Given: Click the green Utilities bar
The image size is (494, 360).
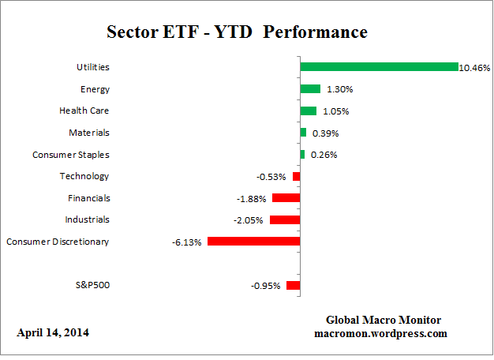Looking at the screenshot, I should (379, 67).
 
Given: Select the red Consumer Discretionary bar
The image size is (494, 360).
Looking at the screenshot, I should (253, 241).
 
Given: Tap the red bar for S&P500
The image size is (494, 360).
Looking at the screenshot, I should (293, 285).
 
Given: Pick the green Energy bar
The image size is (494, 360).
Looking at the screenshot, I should (310, 89).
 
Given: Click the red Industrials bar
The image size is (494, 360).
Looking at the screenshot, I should (285, 219).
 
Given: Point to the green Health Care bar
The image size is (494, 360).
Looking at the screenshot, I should (309, 111).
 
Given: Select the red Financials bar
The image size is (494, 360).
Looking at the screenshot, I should (286, 198).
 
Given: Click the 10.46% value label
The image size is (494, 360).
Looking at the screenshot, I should (476, 68).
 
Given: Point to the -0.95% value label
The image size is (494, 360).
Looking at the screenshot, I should (265, 286).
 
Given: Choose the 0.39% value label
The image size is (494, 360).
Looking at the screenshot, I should (324, 133).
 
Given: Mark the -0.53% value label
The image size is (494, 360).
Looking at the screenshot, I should (272, 176).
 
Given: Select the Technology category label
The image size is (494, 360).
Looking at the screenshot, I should (84, 176).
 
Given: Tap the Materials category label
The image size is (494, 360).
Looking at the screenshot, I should (88, 133).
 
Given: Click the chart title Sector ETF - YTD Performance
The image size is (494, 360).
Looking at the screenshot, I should (237, 32).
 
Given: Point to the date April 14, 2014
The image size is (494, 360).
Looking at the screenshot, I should (53, 332).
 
